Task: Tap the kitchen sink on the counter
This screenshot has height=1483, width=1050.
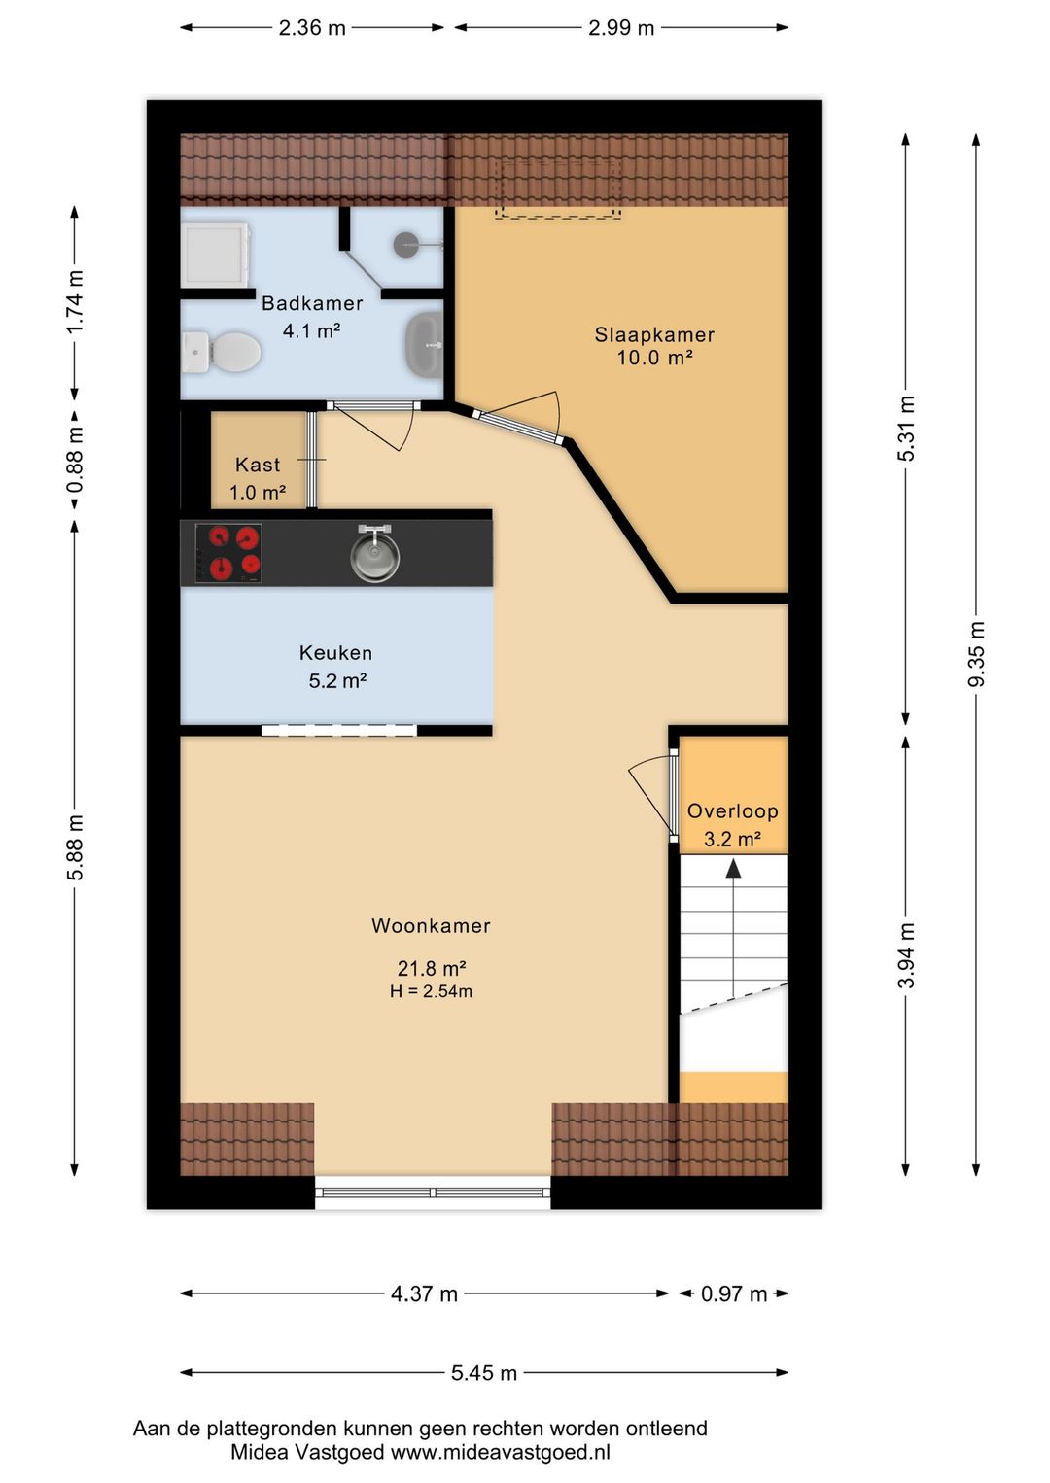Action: [x=375, y=552]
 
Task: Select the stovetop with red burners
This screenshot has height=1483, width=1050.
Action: [x=227, y=554]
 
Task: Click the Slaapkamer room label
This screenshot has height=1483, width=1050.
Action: [x=654, y=334]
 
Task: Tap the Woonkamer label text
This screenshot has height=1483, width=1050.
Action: [x=431, y=925]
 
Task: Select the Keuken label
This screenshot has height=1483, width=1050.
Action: [x=335, y=653]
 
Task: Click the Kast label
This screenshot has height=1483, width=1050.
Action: [x=258, y=465]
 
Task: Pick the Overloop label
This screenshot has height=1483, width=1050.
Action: [x=733, y=811]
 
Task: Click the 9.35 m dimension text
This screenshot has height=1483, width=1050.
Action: [x=976, y=654]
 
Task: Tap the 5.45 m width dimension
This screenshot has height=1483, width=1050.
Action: [x=484, y=1373]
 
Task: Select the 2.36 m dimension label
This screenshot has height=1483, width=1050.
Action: [x=312, y=28]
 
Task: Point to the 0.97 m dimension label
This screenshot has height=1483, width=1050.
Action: [x=734, y=1293]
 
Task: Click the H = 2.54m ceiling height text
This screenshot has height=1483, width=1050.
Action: [x=432, y=991]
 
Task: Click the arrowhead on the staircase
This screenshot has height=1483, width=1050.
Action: [x=733, y=868]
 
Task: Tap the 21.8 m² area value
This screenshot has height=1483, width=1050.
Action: [x=432, y=969]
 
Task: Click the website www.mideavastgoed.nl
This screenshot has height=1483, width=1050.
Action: [x=500, y=1453]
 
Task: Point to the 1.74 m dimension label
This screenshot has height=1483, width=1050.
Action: [x=75, y=301]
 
